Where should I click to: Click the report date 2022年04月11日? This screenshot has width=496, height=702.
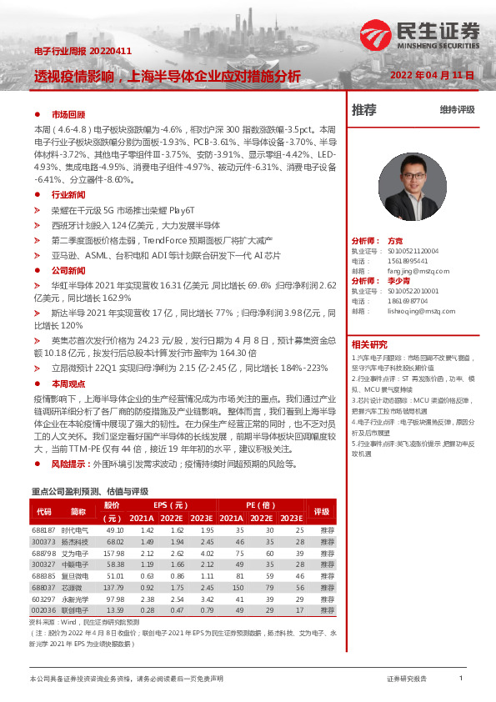(432, 75)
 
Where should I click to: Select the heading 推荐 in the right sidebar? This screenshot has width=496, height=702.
(363, 109)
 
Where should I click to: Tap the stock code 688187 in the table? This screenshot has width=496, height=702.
(43, 529)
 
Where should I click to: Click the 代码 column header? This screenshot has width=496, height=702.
(43, 511)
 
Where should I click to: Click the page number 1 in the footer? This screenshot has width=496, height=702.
(461, 679)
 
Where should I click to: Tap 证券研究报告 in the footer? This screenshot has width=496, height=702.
(407, 679)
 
